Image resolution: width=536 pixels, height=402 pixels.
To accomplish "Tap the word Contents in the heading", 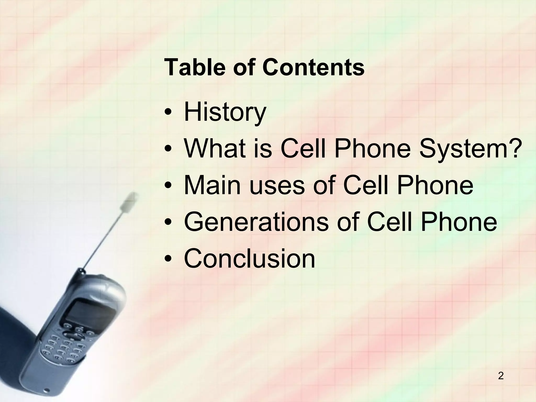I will point(313,68).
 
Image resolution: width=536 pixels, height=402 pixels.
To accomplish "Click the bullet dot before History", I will point(168,113).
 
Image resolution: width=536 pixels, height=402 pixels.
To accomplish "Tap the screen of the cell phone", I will point(89,317).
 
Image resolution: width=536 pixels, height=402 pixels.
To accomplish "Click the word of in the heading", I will point(244,68).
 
